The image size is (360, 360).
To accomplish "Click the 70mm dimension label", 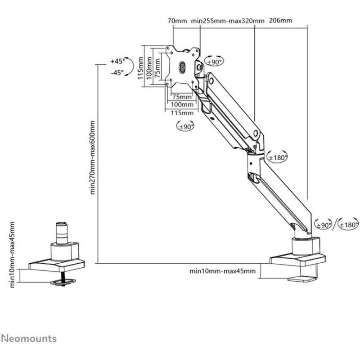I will click(x=177, y=21).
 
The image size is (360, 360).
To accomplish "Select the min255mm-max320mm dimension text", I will click(x=228, y=21).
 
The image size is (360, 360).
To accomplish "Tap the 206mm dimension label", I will click(x=280, y=21).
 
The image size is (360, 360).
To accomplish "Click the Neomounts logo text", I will click(x=29, y=338).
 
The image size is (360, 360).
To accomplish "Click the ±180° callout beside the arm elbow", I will click(x=278, y=157).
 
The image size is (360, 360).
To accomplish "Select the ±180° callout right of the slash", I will click(x=349, y=225).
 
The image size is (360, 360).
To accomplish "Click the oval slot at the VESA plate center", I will click(x=182, y=67).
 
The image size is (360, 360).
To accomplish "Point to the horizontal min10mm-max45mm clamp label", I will click(x=222, y=271).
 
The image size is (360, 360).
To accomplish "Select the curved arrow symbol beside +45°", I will click(x=128, y=67).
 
